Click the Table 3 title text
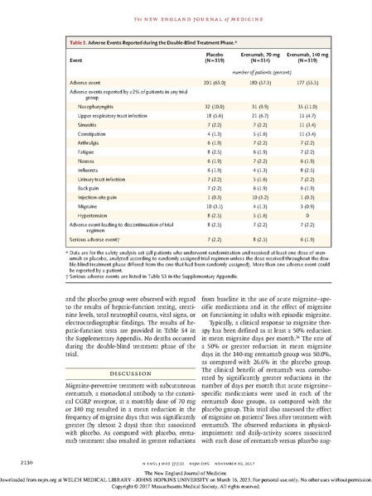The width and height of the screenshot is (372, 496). click(128, 39)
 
